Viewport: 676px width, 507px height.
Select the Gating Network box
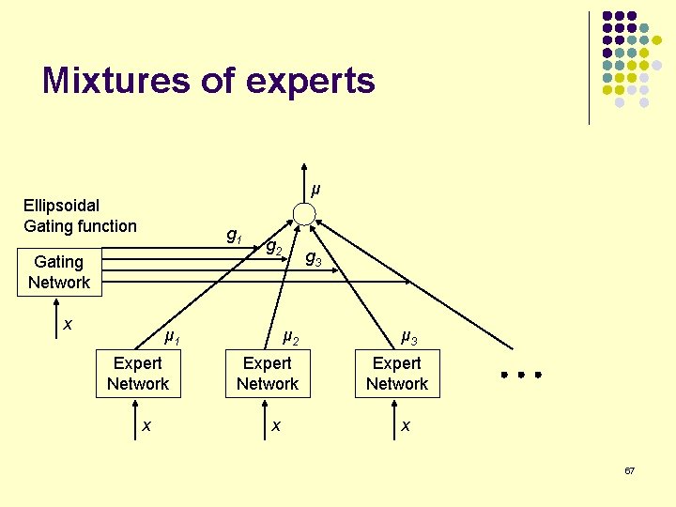coord(59,272)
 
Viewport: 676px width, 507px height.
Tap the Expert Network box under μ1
coord(138,374)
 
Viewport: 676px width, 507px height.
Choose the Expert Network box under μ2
coord(268,374)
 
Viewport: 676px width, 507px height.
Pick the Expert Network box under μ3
coord(397,374)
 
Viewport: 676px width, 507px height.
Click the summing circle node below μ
coord(303,214)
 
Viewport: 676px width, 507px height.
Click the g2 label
coord(274,248)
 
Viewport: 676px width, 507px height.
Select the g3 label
coord(313,259)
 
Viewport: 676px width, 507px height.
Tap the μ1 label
coord(172,336)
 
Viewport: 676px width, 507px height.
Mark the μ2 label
coord(290,336)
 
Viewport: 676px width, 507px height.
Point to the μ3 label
coord(409,335)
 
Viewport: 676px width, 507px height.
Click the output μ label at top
coord(315,190)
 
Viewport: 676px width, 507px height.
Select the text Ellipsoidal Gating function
coord(80,215)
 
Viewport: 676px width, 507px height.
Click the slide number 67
coord(629,469)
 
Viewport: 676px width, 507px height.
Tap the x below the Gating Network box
coord(68,324)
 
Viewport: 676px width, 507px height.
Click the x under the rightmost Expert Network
coord(405,425)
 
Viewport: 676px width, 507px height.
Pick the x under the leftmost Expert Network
coord(146,425)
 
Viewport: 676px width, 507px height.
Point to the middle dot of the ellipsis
coord(521,375)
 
